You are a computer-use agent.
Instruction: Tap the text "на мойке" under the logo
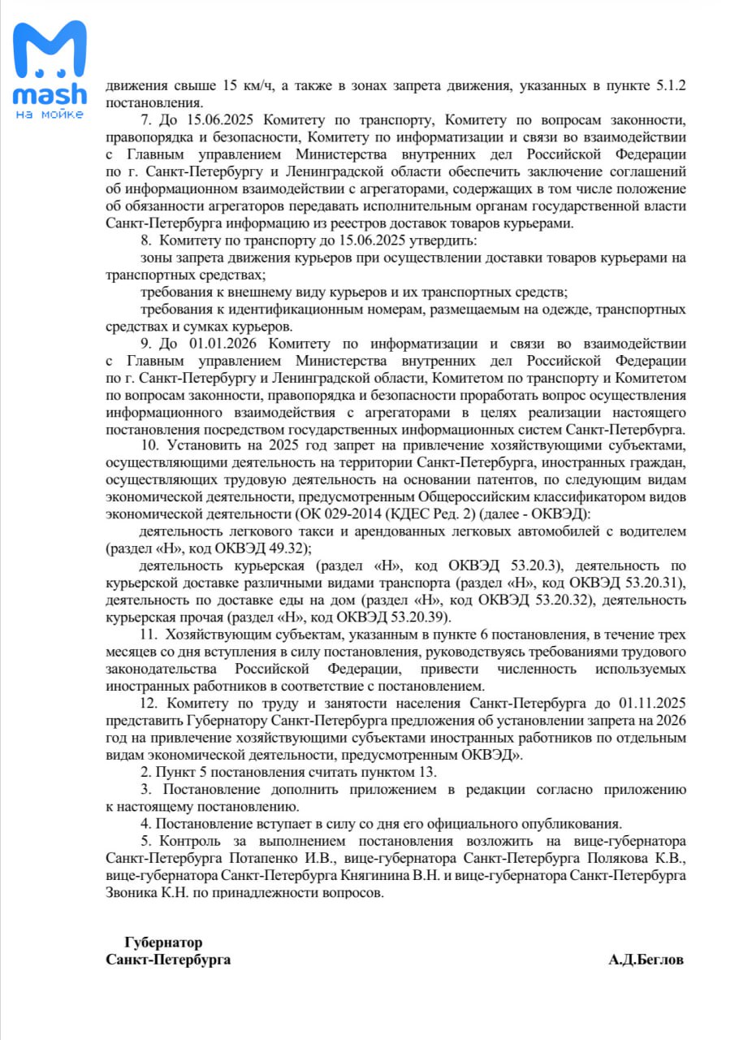click(x=50, y=115)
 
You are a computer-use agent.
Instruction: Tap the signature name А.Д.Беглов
click(x=646, y=960)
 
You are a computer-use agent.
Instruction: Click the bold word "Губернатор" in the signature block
click(x=163, y=942)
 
